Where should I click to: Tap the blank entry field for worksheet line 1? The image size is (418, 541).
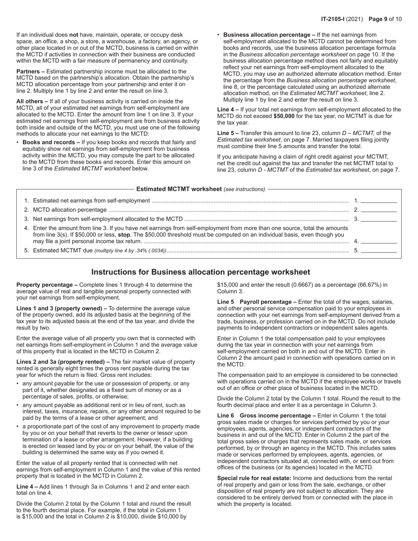(x=379, y=201)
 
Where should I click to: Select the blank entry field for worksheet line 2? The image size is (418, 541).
(x=379, y=210)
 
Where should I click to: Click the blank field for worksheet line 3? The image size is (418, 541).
(x=379, y=219)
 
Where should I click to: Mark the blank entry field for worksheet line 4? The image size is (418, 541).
(x=379, y=241)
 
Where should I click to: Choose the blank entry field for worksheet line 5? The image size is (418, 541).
(x=379, y=251)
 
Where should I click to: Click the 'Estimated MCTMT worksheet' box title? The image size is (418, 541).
(x=179, y=189)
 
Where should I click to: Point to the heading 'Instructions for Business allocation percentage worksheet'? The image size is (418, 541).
(x=201, y=272)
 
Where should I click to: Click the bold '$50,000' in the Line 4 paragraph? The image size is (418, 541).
(x=284, y=116)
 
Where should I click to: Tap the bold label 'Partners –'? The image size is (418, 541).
(x=30, y=71)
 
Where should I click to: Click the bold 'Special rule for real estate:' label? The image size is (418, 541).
(x=254, y=478)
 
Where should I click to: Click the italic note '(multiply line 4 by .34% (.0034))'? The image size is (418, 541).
(x=130, y=251)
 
